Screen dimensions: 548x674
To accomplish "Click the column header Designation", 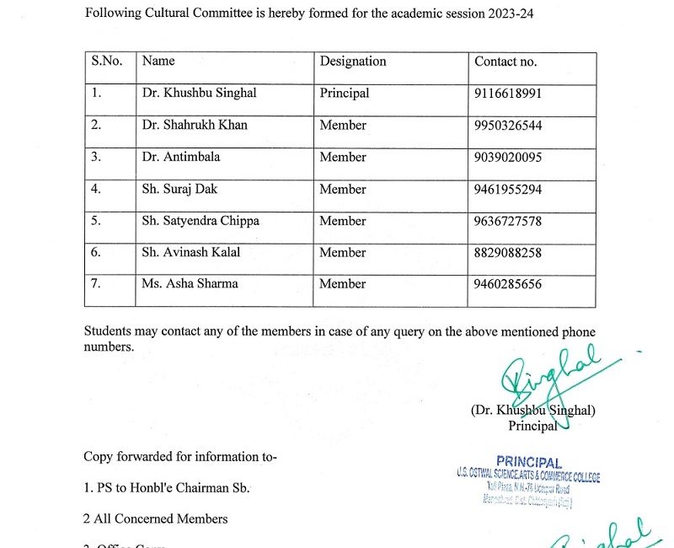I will pyautogui.click(x=352, y=62).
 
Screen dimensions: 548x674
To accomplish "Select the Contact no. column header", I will pyautogui.click(x=505, y=62).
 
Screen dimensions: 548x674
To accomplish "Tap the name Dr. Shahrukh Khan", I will pyautogui.click(x=195, y=126).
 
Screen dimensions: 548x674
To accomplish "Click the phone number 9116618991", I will pyautogui.click(x=508, y=94).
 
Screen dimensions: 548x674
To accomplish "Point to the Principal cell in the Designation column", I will pyautogui.click(x=344, y=94).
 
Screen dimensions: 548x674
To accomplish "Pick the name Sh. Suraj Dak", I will pyautogui.click(x=179, y=189).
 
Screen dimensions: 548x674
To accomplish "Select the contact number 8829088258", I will pyautogui.click(x=508, y=252).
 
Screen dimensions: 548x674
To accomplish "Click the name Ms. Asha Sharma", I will pyautogui.click(x=190, y=284).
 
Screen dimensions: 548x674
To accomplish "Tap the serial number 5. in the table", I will pyautogui.click(x=96, y=221).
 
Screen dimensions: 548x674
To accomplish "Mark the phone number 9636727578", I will pyautogui.click(x=508, y=221).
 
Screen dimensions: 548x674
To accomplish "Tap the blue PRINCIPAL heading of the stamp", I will pyautogui.click(x=528, y=462).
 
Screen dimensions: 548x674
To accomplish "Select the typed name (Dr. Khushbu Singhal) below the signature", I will pyautogui.click(x=532, y=411).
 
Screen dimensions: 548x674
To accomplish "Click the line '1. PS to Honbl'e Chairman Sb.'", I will pyautogui.click(x=166, y=488).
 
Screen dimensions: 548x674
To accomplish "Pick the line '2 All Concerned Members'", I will pyautogui.click(x=155, y=518).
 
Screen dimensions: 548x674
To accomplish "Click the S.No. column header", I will pyautogui.click(x=107, y=62).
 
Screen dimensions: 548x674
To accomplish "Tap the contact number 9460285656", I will pyautogui.click(x=508, y=284).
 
